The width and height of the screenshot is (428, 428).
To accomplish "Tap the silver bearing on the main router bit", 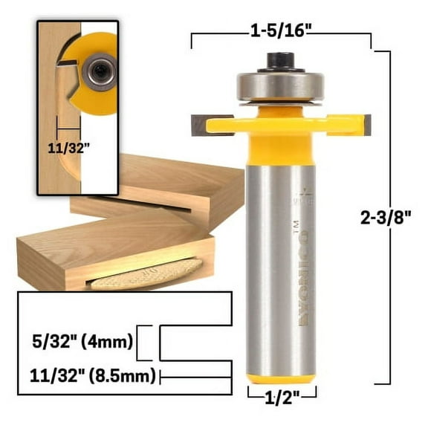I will [281, 85].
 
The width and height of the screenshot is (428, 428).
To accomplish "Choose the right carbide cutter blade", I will [364, 123].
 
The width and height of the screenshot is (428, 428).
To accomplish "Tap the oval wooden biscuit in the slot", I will [145, 273].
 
